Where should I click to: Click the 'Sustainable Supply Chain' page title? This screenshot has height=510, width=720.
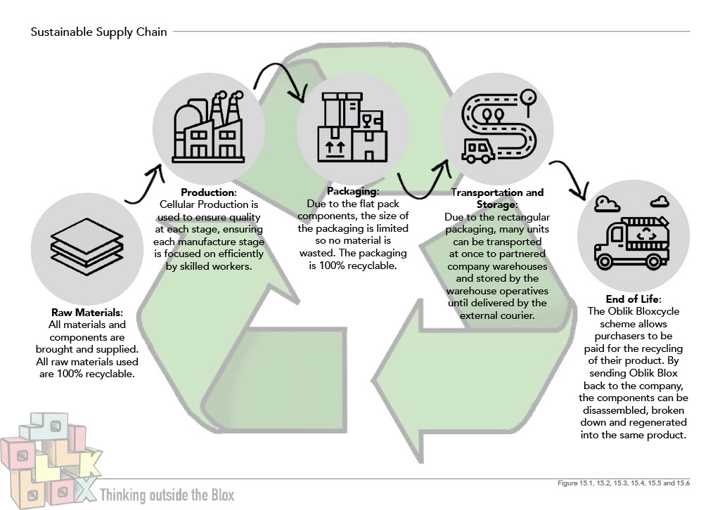[x=99, y=32]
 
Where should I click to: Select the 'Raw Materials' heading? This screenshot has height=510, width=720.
[x=87, y=312]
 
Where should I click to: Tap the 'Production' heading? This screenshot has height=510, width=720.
[x=208, y=192]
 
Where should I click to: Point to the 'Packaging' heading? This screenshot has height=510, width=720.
[x=353, y=191]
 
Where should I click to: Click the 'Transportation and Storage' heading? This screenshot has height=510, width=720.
[x=497, y=198]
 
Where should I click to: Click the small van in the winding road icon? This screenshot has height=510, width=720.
[x=477, y=150]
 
